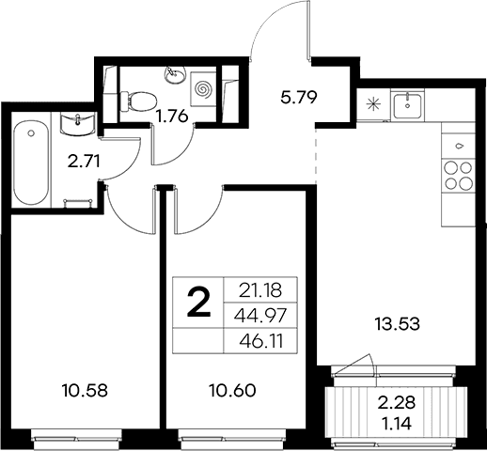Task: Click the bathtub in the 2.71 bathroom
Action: (31, 163)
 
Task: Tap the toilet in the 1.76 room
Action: (138, 101)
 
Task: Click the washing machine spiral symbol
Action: (204, 89)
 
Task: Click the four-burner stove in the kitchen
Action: (459, 176)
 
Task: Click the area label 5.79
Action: (299, 98)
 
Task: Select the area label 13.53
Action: (397, 324)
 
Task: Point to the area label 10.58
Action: (85, 391)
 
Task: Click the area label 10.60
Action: (232, 391)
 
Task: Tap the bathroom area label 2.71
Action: (84, 162)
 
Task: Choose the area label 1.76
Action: (172, 117)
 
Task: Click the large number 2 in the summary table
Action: (198, 303)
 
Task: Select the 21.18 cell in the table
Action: (260, 290)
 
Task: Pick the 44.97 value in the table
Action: (260, 316)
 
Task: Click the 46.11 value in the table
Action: (261, 341)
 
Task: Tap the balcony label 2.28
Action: (397, 402)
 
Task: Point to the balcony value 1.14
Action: (397, 424)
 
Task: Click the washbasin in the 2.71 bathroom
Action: (78, 124)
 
